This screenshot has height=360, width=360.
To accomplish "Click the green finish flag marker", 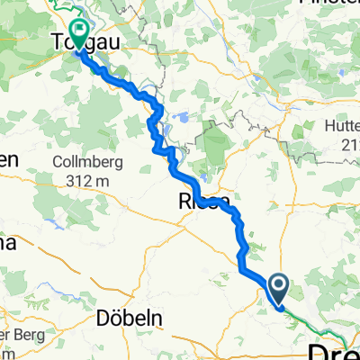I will click(x=78, y=34).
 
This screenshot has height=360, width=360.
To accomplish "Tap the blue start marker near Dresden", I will click(x=279, y=289).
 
